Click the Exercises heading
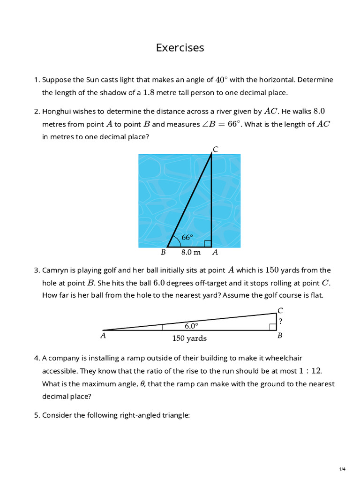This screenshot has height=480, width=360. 180,48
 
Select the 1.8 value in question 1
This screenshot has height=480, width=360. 148,92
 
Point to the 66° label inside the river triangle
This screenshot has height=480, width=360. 187,238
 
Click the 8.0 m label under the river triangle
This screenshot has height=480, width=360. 190,252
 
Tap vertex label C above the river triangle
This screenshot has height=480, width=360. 215,150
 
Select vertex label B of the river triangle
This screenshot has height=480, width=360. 164,252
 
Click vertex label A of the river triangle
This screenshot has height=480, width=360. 215,252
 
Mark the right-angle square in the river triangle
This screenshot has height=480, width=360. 208,243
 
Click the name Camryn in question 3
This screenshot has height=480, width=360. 56,270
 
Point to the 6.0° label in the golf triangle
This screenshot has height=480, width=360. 191,325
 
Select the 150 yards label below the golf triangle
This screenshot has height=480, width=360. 189,338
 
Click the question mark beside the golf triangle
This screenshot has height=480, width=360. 280,322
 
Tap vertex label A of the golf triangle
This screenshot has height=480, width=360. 103,336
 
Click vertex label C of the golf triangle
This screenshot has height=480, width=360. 280,310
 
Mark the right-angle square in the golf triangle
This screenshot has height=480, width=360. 273,327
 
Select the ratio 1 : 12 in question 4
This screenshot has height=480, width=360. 310,371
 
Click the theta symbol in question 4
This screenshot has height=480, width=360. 143,384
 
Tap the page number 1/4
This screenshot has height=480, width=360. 342,469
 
